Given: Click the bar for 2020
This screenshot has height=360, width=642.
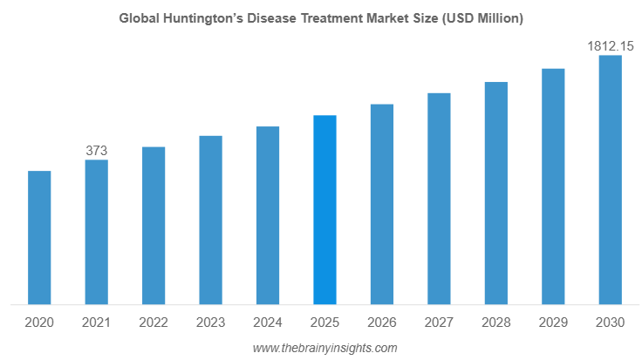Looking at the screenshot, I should pyautogui.click(x=39, y=238).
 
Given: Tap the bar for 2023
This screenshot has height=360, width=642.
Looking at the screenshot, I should pyautogui.click(x=210, y=221).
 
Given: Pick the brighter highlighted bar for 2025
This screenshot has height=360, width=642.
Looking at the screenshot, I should pyautogui.click(x=324, y=210).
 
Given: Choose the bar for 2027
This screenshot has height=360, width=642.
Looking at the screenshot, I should pyautogui.click(x=439, y=199).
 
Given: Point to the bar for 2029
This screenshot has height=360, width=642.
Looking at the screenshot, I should pyautogui.click(x=553, y=187).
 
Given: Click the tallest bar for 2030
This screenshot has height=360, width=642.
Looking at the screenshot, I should pyautogui.click(x=610, y=180).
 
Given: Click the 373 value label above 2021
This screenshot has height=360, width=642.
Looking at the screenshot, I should pyautogui.click(x=96, y=151).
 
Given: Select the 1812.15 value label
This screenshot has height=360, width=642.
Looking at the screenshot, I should pyautogui.click(x=610, y=44).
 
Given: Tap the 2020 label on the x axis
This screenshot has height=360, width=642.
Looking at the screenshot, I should pyautogui.click(x=39, y=323).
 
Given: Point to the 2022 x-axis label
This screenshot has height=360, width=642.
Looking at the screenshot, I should pyautogui.click(x=154, y=323).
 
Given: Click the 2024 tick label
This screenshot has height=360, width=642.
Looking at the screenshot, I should pyautogui.click(x=268, y=323).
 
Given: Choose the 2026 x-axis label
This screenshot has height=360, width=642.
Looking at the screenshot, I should pyautogui.click(x=382, y=323).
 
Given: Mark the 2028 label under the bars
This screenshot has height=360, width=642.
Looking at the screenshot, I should pyautogui.click(x=496, y=323).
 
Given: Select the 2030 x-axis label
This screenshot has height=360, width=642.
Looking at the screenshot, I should pyautogui.click(x=610, y=323).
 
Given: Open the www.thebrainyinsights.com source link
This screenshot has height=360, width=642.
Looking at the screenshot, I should pyautogui.click(x=324, y=348).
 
